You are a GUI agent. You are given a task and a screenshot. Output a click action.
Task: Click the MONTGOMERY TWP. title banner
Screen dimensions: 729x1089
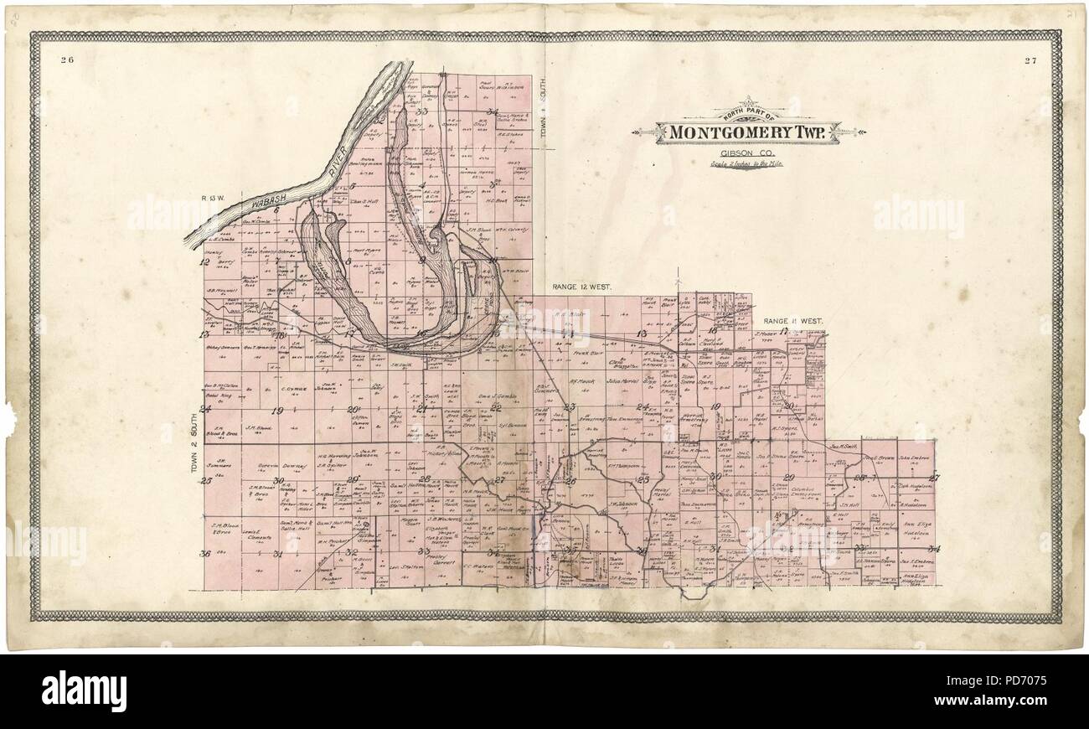[748, 132]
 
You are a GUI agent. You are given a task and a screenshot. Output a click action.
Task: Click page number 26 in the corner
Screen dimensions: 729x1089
[68, 59]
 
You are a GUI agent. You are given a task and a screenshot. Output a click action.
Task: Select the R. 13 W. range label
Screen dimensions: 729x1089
[213, 198]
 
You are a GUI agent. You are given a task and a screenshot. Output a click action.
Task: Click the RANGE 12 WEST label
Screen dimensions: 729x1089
[581, 287]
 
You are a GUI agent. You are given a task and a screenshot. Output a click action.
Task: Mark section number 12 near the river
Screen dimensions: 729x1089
[204, 261]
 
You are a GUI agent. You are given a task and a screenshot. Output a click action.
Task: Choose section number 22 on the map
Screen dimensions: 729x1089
[496, 408]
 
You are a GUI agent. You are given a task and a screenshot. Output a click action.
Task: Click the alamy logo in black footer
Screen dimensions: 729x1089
[84, 691]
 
